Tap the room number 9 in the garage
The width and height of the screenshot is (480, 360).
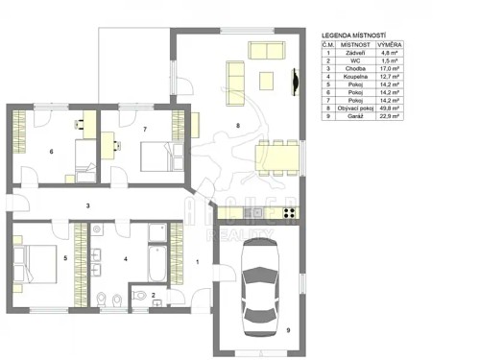(x=287, y=329)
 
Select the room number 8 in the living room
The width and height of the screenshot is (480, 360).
(x=236, y=124)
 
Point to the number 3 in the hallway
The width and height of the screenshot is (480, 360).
(x=87, y=205)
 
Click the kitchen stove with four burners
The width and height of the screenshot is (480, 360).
(x=255, y=212)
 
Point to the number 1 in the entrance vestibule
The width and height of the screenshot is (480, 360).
(x=196, y=260)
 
